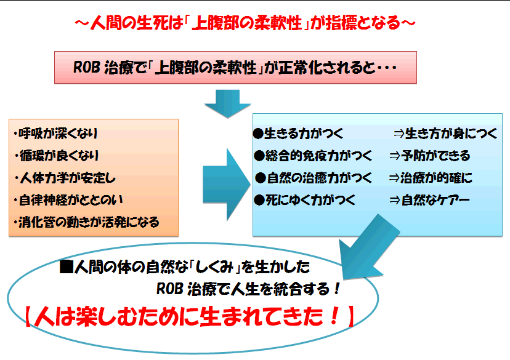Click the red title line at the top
(x=245, y=23)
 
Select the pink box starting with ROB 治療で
(x=235, y=68)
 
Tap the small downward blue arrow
(x=227, y=103)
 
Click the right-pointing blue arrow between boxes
(x=227, y=185)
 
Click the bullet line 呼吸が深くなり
(x=55, y=134)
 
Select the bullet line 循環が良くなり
(x=56, y=156)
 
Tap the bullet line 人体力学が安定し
(x=65, y=178)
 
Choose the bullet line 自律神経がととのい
(x=68, y=200)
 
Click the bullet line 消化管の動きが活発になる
(x=86, y=222)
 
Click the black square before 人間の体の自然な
(x=67, y=266)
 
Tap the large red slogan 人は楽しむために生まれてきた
(x=190, y=316)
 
